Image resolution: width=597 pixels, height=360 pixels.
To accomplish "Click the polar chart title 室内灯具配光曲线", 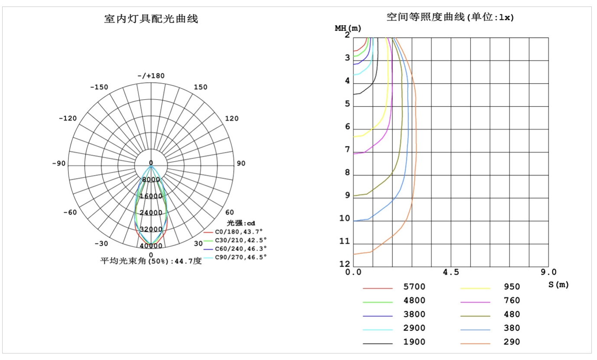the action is tap(151, 19).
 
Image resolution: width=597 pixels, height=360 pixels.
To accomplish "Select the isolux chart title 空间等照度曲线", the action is tap(426, 17).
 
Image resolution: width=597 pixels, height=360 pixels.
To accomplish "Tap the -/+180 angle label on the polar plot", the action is tap(151, 76).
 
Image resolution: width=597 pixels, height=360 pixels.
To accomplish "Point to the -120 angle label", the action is tap(68, 118).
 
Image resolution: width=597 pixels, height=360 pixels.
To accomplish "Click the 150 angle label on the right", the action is tap(200, 87).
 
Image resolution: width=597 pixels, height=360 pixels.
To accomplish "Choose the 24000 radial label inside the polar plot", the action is tap(151, 212).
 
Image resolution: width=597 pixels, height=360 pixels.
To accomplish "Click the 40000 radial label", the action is tap(151, 246).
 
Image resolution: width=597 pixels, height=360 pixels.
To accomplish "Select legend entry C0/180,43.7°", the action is tap(239, 232).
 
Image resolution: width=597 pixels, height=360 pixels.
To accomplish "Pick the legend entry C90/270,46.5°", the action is tap(241, 257).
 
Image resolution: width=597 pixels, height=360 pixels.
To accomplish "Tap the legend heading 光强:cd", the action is tap(241, 223).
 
